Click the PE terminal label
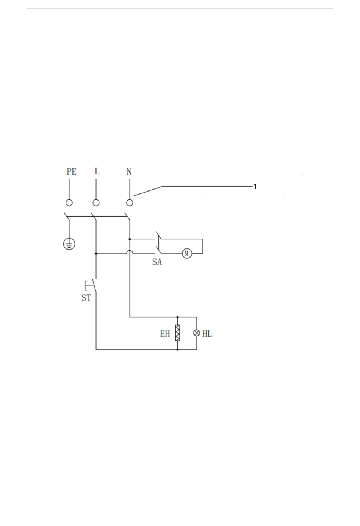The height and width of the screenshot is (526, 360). click(72, 172)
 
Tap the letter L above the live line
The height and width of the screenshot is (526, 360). click(97, 171)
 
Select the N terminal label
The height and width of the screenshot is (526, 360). click(129, 172)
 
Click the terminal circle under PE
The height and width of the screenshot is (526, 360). click(69, 203)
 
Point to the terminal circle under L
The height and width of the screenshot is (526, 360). click(96, 203)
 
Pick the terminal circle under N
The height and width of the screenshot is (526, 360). click(130, 203)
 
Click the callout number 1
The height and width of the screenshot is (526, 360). click(255, 187)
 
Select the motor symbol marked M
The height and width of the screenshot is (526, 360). click(187, 253)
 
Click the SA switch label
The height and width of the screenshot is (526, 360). click(157, 262)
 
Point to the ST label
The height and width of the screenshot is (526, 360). click(86, 298)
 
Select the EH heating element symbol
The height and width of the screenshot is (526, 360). click(178, 333)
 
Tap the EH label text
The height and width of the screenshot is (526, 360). click(165, 334)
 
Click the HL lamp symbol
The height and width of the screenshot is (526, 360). click(197, 333)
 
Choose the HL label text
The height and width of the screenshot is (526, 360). click(207, 334)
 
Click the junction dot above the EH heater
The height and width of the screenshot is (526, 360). click(178, 317)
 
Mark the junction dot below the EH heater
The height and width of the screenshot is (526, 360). click(178, 349)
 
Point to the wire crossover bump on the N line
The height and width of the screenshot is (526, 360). click(130, 252)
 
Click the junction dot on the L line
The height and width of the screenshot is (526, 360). click(96, 254)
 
